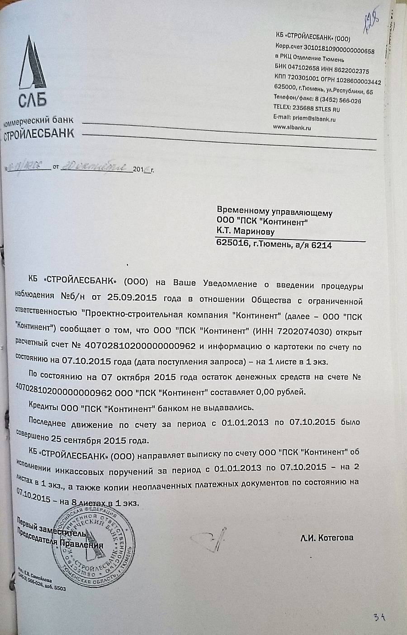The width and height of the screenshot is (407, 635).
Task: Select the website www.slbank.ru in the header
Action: click(292, 128)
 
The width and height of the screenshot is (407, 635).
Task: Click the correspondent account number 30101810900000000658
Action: click(339, 52)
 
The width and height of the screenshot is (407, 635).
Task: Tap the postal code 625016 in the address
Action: click(232, 245)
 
